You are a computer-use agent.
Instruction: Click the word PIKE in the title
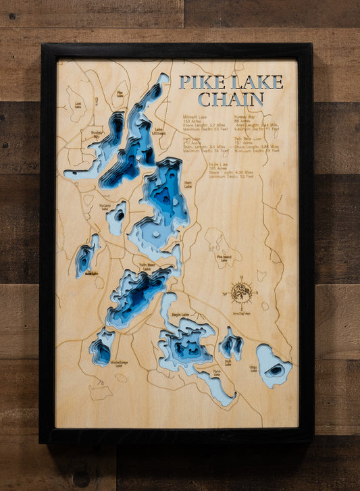pos(197,82)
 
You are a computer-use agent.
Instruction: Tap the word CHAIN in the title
pos(231,99)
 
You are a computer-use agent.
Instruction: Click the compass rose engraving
pos(241,292)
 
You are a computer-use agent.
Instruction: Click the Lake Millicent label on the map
pos(159,132)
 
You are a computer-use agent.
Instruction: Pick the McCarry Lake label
pos(105,207)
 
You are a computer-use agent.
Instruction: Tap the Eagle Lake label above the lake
pos(180,314)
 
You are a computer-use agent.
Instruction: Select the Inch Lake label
pos(228,363)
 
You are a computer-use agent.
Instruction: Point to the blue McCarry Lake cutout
pos(117,217)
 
